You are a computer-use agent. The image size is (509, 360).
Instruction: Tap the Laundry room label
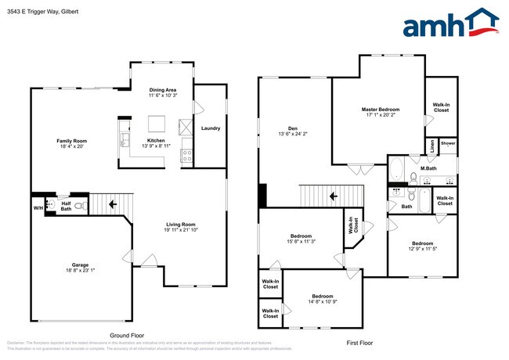tap(210, 128)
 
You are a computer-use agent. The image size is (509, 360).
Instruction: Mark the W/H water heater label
tap(37, 208)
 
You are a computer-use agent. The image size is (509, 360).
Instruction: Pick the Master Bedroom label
tap(381, 109)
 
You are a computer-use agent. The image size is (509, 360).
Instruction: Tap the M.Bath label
tap(428, 168)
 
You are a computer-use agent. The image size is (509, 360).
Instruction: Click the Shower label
tap(447, 144)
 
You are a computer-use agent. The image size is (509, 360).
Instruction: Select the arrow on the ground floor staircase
tap(113, 204)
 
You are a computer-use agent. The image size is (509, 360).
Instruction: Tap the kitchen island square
tap(157, 124)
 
